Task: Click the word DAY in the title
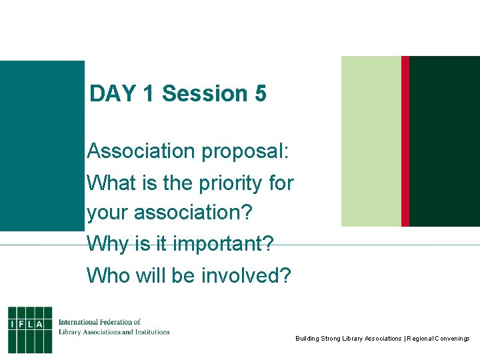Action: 112,94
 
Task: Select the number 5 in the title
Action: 260,94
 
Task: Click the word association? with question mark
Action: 193,213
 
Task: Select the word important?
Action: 223,244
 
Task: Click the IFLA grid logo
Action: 30,329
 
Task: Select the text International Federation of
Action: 99,322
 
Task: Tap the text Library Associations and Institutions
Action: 114,331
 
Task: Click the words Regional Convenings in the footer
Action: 437,339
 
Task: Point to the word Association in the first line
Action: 140,152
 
